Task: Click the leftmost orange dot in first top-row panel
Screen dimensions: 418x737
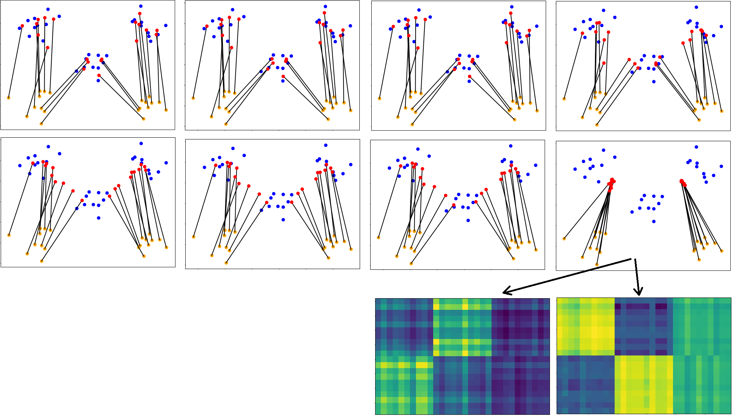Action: point(8,98)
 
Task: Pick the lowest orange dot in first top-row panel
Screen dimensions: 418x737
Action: point(41,124)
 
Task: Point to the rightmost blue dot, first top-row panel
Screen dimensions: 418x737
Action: point(166,25)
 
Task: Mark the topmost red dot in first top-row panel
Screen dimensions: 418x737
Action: point(140,13)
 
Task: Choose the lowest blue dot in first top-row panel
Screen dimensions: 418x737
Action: point(98,80)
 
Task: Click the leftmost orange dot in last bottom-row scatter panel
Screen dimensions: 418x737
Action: point(564,239)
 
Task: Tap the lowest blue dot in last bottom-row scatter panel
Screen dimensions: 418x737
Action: point(654,221)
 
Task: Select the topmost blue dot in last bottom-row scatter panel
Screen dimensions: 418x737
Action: point(696,147)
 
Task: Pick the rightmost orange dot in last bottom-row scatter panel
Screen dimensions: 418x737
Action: point(722,251)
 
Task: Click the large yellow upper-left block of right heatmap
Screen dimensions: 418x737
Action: point(585,326)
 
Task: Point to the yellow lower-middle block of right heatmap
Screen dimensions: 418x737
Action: point(643,385)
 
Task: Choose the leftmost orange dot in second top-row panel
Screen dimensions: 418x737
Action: point(193,98)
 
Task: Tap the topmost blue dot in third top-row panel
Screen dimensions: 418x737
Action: point(512,7)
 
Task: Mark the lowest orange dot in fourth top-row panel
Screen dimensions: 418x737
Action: point(597,125)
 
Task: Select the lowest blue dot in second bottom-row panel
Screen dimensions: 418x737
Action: point(283,220)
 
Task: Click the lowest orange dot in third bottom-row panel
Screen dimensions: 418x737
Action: point(411,263)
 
